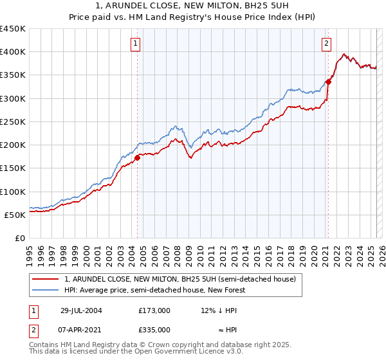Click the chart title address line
click(x=193, y=6)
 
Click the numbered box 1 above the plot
click(x=136, y=44)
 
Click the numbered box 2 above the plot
click(x=326, y=44)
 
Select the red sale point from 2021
click(x=327, y=82)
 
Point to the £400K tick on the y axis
click(x=14, y=52)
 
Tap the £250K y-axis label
click(x=14, y=122)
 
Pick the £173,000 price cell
click(x=154, y=310)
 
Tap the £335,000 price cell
click(x=154, y=330)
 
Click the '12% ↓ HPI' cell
click(x=219, y=310)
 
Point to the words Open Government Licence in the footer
click(x=187, y=352)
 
